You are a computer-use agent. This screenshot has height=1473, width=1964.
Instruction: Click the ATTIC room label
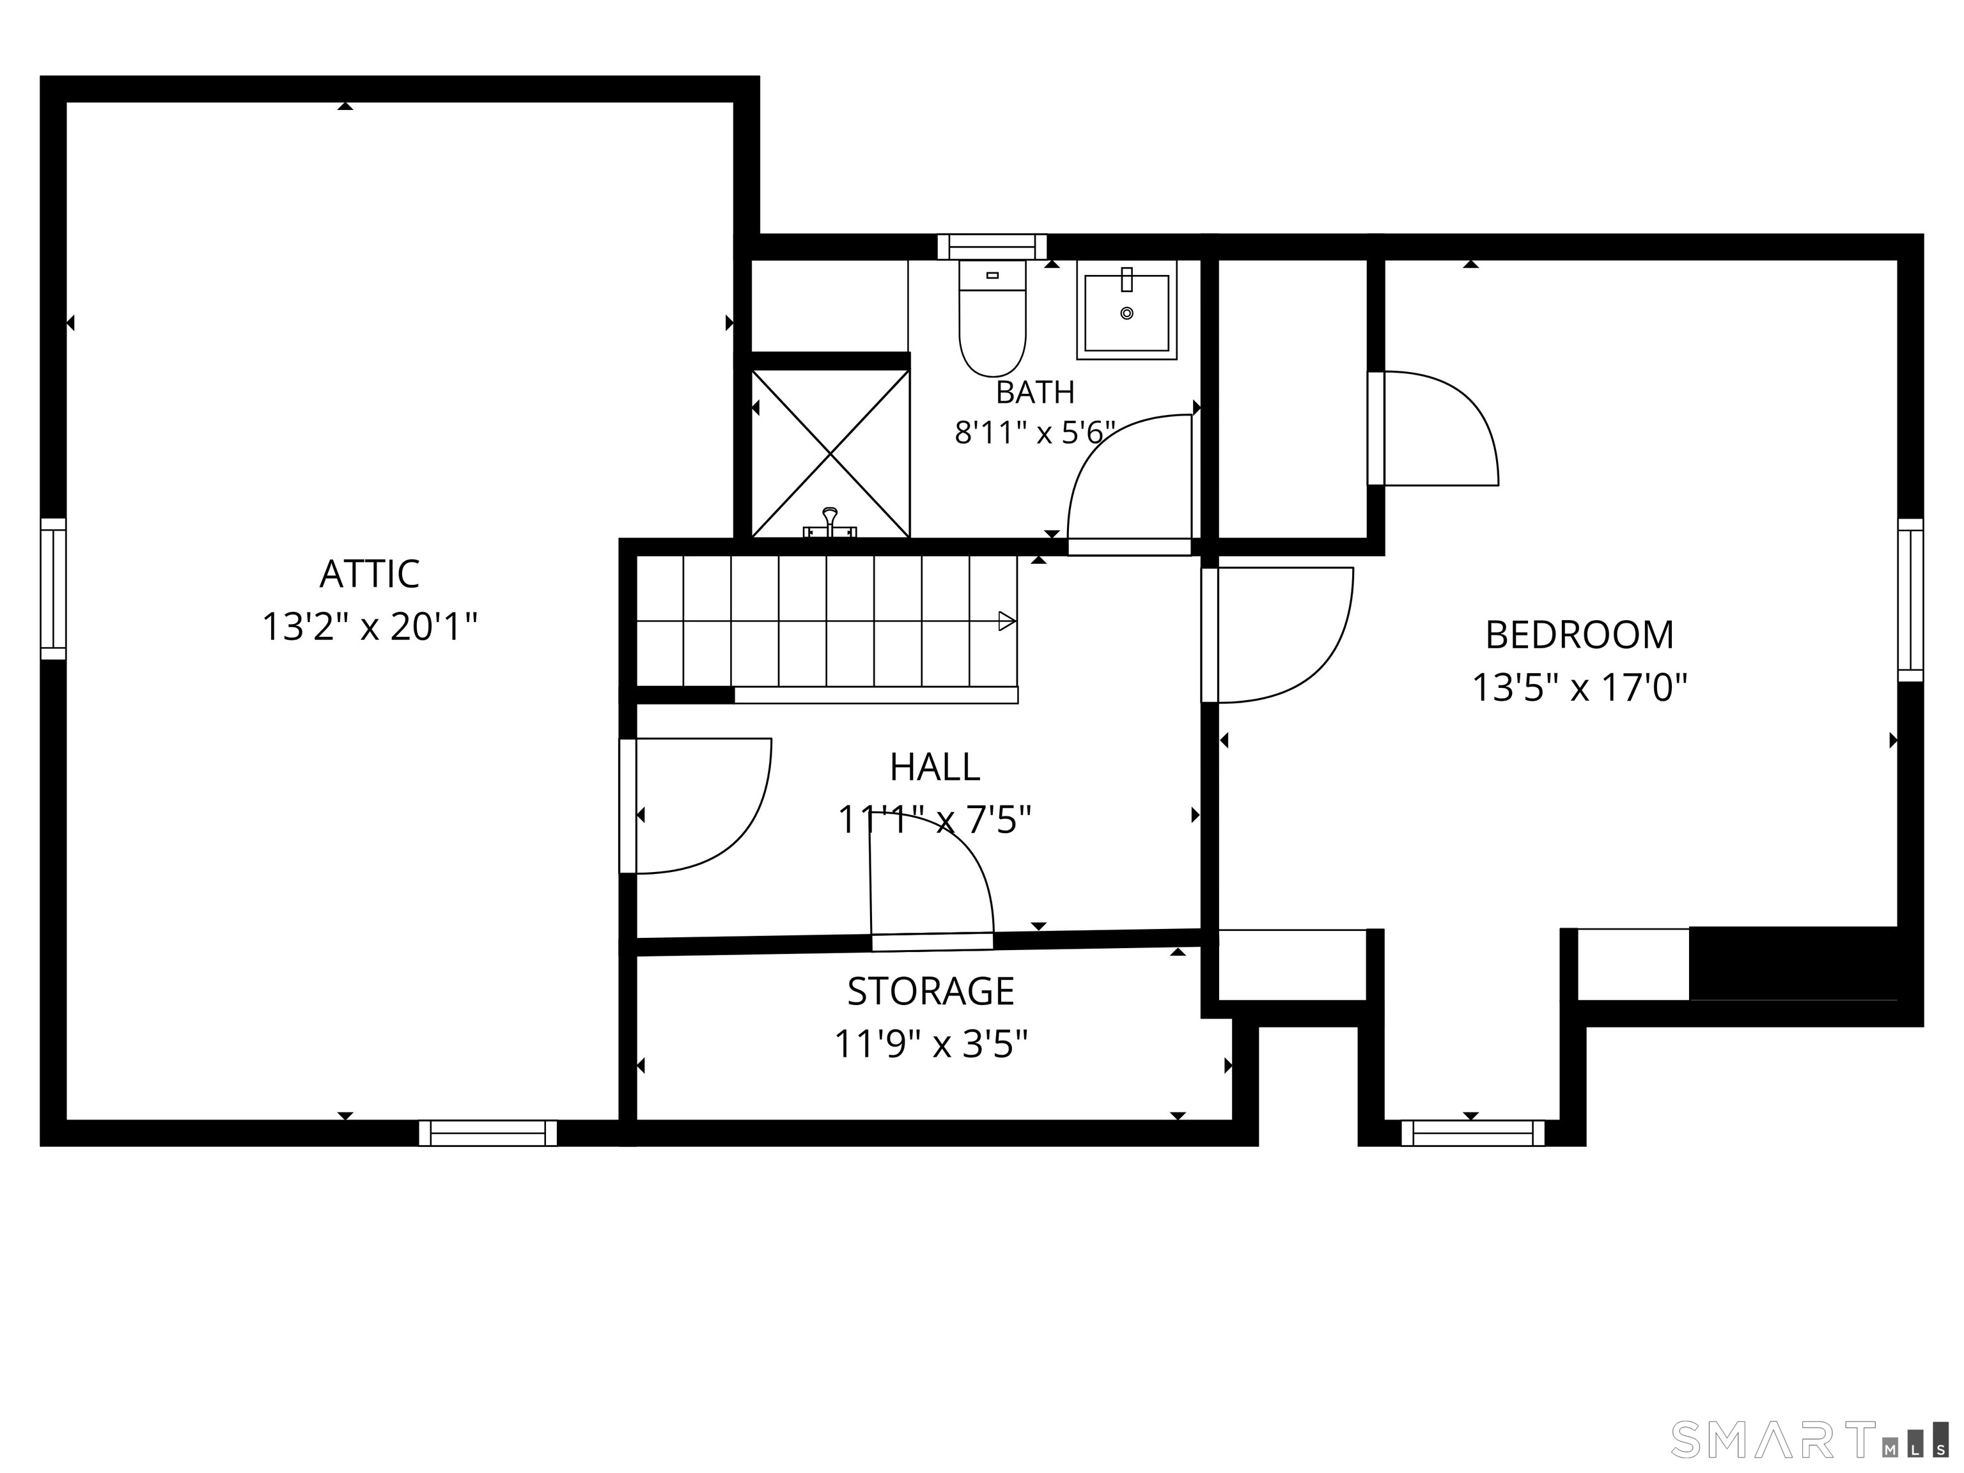point(370,573)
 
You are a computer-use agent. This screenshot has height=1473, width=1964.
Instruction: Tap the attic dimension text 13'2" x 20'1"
point(370,627)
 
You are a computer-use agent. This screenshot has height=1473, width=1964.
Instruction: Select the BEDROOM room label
point(1580,635)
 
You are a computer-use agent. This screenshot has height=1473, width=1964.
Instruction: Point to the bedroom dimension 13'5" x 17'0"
point(1580,687)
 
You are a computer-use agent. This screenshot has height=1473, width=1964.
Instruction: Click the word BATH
point(1035,391)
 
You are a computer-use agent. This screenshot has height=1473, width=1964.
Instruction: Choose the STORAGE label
point(930,992)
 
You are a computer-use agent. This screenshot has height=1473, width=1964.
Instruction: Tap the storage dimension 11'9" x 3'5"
point(930,1044)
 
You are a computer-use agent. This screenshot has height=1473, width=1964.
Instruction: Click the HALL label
point(935,767)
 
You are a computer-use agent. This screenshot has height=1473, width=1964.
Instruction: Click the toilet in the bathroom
point(993,318)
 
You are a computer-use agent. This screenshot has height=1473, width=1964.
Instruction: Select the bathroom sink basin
point(1126,310)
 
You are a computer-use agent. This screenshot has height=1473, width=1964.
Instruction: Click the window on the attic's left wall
point(53,589)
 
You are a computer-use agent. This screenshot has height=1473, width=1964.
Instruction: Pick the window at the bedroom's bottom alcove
point(1473,1133)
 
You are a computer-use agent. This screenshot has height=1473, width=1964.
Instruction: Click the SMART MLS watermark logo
point(1809,1440)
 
